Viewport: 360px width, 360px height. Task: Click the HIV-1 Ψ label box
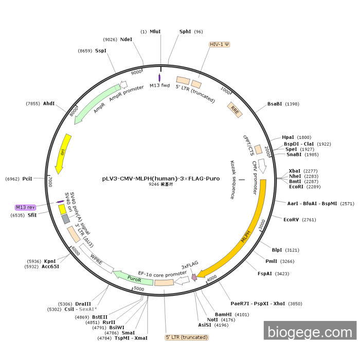(219, 44)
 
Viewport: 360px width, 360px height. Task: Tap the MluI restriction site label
(155, 31)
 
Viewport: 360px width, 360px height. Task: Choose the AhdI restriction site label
(49, 103)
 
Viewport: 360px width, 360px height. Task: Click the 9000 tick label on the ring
(136, 73)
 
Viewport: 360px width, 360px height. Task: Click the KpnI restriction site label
(50, 261)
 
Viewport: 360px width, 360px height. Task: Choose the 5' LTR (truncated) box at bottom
(187, 337)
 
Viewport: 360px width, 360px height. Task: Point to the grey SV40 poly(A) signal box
(65, 219)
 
